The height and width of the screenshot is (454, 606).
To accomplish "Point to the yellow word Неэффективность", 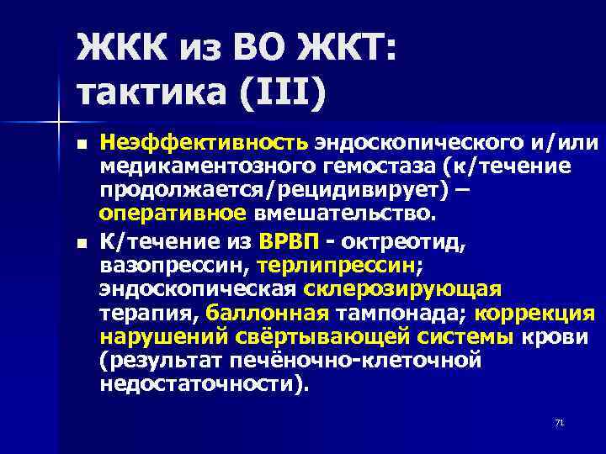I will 206,145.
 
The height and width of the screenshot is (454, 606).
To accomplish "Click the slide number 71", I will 558,422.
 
